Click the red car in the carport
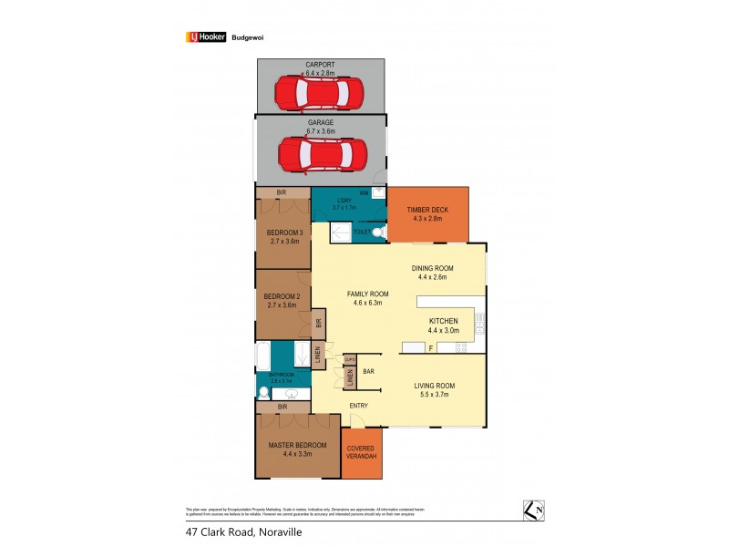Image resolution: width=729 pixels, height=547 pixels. tap(319, 92)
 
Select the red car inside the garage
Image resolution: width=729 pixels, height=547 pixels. tap(319, 154)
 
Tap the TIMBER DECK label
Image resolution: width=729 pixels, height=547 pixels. tap(428, 211)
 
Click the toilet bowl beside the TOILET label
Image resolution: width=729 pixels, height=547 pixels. tap(378, 233)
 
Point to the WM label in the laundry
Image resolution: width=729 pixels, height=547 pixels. tap(363, 193)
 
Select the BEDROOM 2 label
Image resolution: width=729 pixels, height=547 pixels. tap(282, 296)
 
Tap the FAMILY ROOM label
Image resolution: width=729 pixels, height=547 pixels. tap(367, 294)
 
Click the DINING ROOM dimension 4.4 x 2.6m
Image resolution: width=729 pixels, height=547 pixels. tap(432, 277)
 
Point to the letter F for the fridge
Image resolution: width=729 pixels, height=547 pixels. tap(430, 347)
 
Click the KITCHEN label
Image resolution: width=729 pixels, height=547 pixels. tap(445, 322)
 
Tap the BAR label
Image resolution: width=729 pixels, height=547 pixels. tap(369, 371)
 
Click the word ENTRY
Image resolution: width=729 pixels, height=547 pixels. tap(357, 407)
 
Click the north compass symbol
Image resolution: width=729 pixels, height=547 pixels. tap(535, 511)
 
